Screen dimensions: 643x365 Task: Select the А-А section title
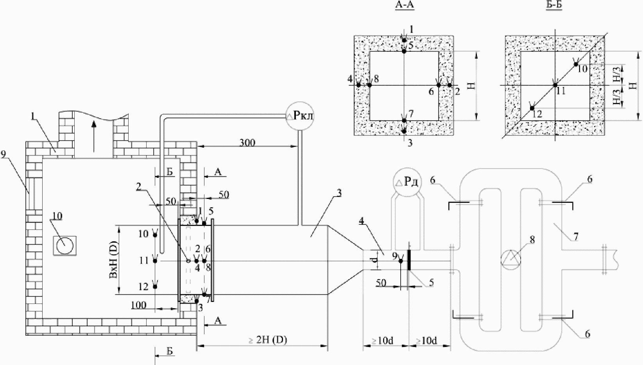click(x=405, y=5)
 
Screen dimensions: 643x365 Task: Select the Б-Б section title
click(x=554, y=5)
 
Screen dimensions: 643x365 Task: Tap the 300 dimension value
click(x=247, y=143)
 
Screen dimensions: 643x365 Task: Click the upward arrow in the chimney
click(x=93, y=136)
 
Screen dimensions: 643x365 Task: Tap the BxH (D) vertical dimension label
click(x=114, y=259)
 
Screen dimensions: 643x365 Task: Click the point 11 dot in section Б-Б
click(x=555, y=85)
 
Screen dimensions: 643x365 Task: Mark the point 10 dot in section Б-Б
click(x=576, y=64)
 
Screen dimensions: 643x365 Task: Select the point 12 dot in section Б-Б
click(x=532, y=108)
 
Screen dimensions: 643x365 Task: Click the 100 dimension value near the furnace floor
click(x=139, y=305)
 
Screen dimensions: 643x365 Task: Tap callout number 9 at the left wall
click(x=3, y=154)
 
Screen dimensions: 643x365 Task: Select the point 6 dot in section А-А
click(x=438, y=85)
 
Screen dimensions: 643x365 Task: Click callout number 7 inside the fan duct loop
click(x=575, y=237)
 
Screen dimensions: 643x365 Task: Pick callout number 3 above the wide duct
click(x=339, y=193)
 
